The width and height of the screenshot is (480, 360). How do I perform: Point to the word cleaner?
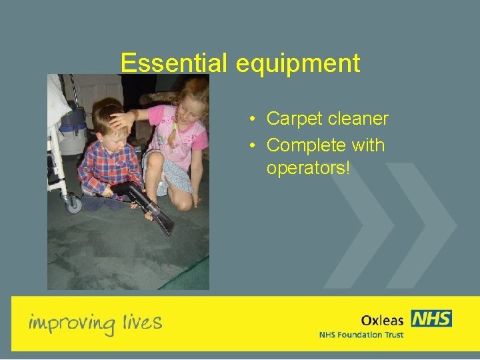(359, 119)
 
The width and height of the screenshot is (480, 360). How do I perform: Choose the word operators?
(308, 169)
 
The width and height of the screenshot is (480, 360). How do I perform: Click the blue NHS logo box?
(431, 319)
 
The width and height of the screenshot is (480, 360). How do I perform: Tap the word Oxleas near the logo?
(383, 319)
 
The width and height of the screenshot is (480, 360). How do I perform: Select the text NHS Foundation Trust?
(361, 335)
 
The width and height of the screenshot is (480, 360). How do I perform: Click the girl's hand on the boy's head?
(123, 120)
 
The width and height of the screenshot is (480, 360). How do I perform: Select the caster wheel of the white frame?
(74, 205)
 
